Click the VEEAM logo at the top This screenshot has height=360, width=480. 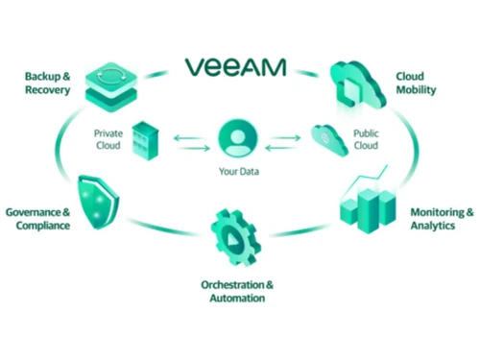pos(236,67)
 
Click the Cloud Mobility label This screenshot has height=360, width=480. pos(417,83)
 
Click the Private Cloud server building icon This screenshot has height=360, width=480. pos(144,140)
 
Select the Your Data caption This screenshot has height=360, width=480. pos(235,173)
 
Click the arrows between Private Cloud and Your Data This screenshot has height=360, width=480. pos(189,142)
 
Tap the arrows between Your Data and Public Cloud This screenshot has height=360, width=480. pos(282,142)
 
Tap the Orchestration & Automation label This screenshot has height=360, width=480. pos(237,292)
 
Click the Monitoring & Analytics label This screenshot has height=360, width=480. pos(442,219)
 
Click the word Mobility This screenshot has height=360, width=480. pos(417,89)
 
